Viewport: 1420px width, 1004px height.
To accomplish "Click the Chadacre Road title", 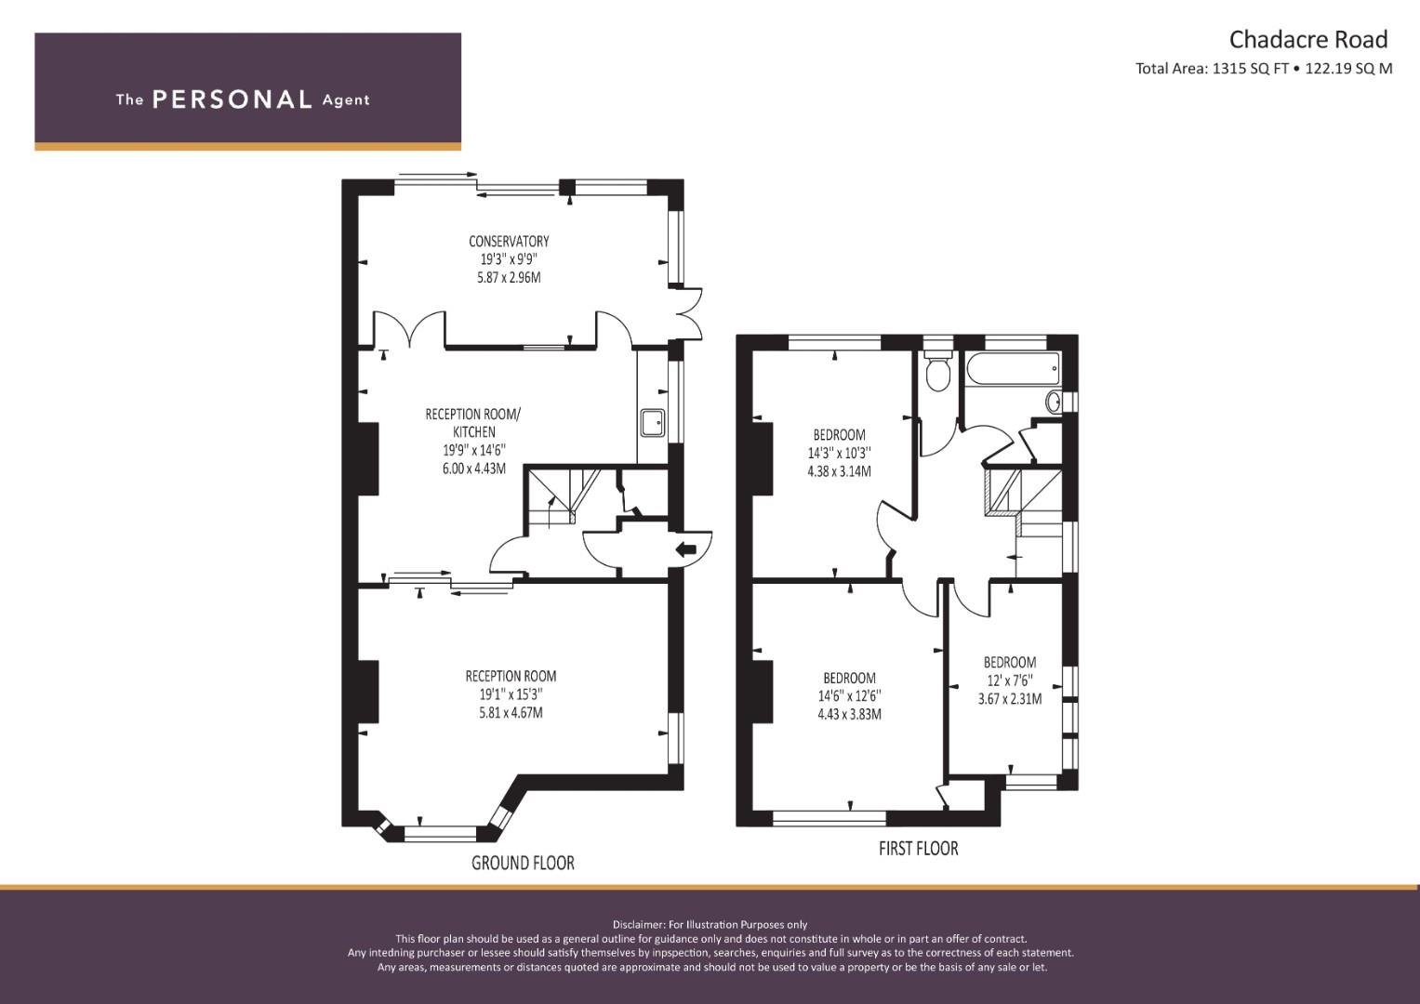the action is point(1308,40).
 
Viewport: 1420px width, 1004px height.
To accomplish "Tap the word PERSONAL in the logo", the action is point(232,99).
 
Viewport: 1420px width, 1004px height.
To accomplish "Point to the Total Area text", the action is point(1264,69).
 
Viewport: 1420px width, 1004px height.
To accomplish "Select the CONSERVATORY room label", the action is point(509,241).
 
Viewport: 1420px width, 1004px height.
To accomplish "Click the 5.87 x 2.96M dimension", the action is point(509,277).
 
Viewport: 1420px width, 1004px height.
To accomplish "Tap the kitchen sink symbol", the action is point(652,423).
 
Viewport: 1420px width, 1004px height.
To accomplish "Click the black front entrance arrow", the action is point(686,548).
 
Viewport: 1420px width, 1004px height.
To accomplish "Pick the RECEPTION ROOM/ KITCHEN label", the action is point(473,423).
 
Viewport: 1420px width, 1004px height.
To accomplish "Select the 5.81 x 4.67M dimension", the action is point(511,712).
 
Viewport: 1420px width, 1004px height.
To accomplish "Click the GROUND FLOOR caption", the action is point(523,863).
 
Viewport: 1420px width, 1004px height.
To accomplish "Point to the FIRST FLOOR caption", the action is point(918,848).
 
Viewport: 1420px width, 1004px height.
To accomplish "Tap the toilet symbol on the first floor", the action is point(937,371).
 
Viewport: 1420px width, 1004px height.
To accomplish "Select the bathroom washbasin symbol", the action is point(1053,402).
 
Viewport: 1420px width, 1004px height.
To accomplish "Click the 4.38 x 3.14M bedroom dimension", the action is point(839,471).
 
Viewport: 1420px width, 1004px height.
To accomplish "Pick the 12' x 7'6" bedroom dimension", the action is point(1009,680).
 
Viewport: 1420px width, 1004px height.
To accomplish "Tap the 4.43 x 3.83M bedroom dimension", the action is point(849,714).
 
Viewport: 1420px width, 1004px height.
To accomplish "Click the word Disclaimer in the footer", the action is point(639,925).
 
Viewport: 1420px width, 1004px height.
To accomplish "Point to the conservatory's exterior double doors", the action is point(686,314).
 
